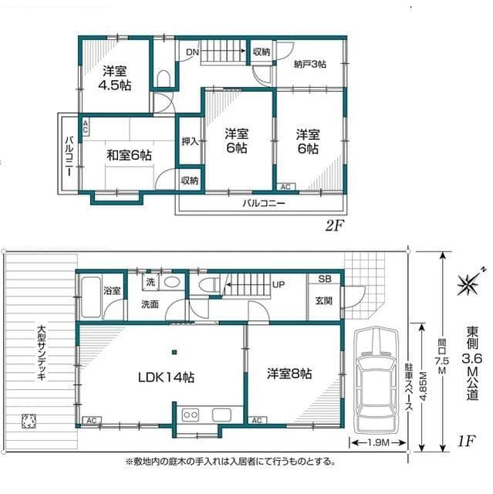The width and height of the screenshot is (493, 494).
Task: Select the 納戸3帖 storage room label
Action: point(309,65)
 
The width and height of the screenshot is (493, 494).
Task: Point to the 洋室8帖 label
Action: point(289,374)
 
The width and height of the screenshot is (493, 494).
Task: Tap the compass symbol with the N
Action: point(468,283)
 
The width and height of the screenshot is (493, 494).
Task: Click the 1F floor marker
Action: point(464,442)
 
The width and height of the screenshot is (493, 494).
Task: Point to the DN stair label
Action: point(193,52)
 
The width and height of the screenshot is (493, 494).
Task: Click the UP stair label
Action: point(278,285)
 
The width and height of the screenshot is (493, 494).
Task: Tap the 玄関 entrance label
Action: point(323,301)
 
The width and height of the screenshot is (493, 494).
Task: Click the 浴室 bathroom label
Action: point(112,290)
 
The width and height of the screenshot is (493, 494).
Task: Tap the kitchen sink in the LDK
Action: point(191,415)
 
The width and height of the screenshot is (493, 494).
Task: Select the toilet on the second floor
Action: point(164,79)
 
